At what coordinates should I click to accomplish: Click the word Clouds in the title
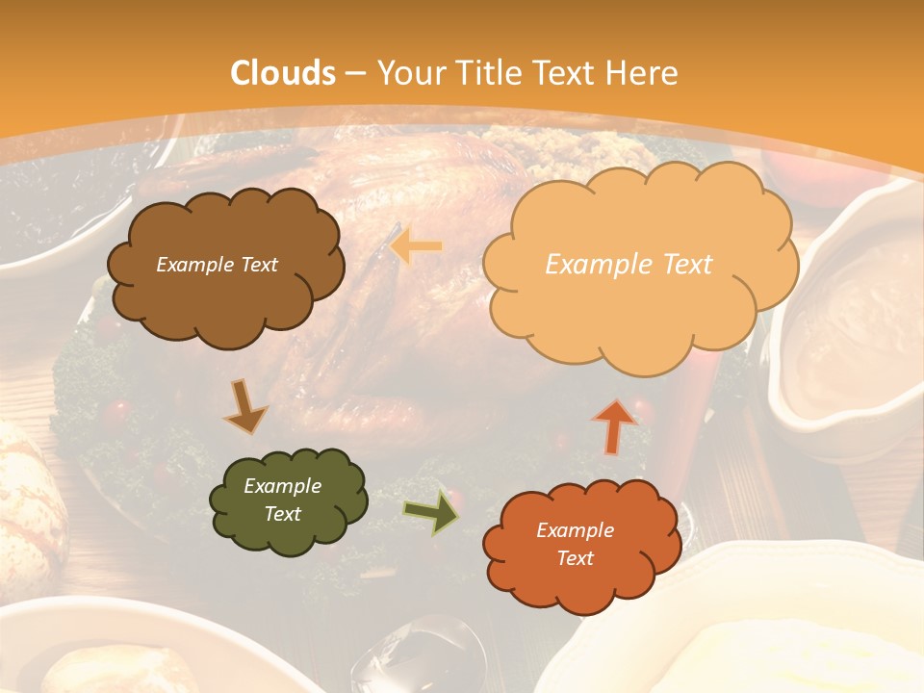(x=283, y=73)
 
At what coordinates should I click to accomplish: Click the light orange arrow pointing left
(x=416, y=246)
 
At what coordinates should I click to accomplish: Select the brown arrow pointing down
(x=245, y=406)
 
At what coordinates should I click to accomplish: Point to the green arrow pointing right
(x=431, y=512)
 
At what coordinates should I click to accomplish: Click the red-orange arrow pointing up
(x=613, y=425)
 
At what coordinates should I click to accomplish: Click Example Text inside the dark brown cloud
(x=218, y=265)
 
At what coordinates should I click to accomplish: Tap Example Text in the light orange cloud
(x=629, y=264)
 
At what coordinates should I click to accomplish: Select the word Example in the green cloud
(x=282, y=486)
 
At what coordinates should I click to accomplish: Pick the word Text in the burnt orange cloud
(x=576, y=558)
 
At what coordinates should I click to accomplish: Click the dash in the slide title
(x=355, y=73)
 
